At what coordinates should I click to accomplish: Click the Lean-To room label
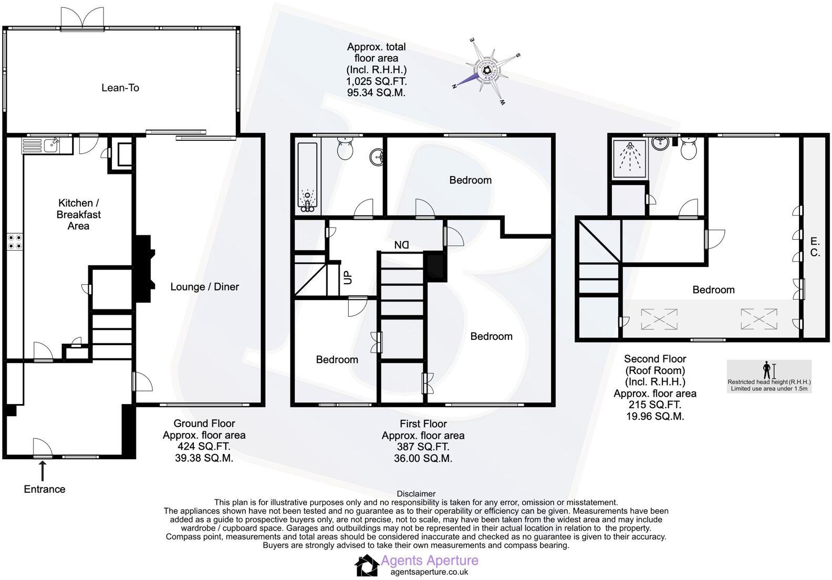click(x=120, y=88)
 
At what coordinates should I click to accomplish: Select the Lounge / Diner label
click(x=204, y=287)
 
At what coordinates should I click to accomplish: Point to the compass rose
click(x=486, y=71)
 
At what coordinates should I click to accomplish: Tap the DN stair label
click(x=402, y=245)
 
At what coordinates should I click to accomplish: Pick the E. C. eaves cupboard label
click(x=815, y=247)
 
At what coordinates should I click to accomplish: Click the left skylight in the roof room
click(x=659, y=319)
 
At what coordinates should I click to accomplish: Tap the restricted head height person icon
click(x=767, y=370)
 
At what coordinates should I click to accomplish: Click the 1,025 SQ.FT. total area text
click(x=376, y=81)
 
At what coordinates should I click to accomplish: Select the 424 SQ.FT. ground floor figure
click(x=204, y=447)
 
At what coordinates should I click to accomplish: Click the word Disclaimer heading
click(x=416, y=494)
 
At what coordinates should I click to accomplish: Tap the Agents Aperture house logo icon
click(x=366, y=566)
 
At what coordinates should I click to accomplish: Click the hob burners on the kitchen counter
click(x=14, y=242)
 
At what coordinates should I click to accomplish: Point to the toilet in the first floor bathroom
click(x=345, y=150)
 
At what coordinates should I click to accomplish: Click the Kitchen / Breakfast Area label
click(x=78, y=214)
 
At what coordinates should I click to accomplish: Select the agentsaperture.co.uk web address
click(x=429, y=572)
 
